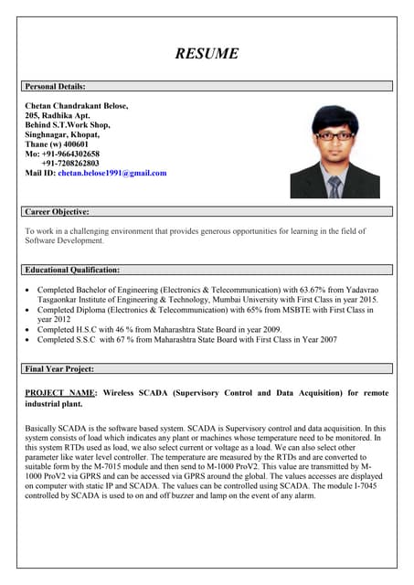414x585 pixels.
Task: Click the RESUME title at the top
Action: click(x=207, y=53)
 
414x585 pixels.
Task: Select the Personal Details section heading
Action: click(x=55, y=86)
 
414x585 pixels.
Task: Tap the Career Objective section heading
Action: click(x=57, y=211)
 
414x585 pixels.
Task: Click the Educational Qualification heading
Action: click(x=72, y=270)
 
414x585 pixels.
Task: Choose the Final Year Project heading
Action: click(x=59, y=368)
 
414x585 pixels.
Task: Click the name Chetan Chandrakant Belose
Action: click(x=77, y=106)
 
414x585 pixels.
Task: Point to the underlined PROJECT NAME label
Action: click(x=60, y=392)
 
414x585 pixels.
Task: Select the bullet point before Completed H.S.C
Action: click(x=29, y=329)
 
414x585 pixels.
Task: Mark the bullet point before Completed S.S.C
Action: click(x=29, y=339)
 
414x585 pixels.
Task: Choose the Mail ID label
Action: click(x=40, y=173)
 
